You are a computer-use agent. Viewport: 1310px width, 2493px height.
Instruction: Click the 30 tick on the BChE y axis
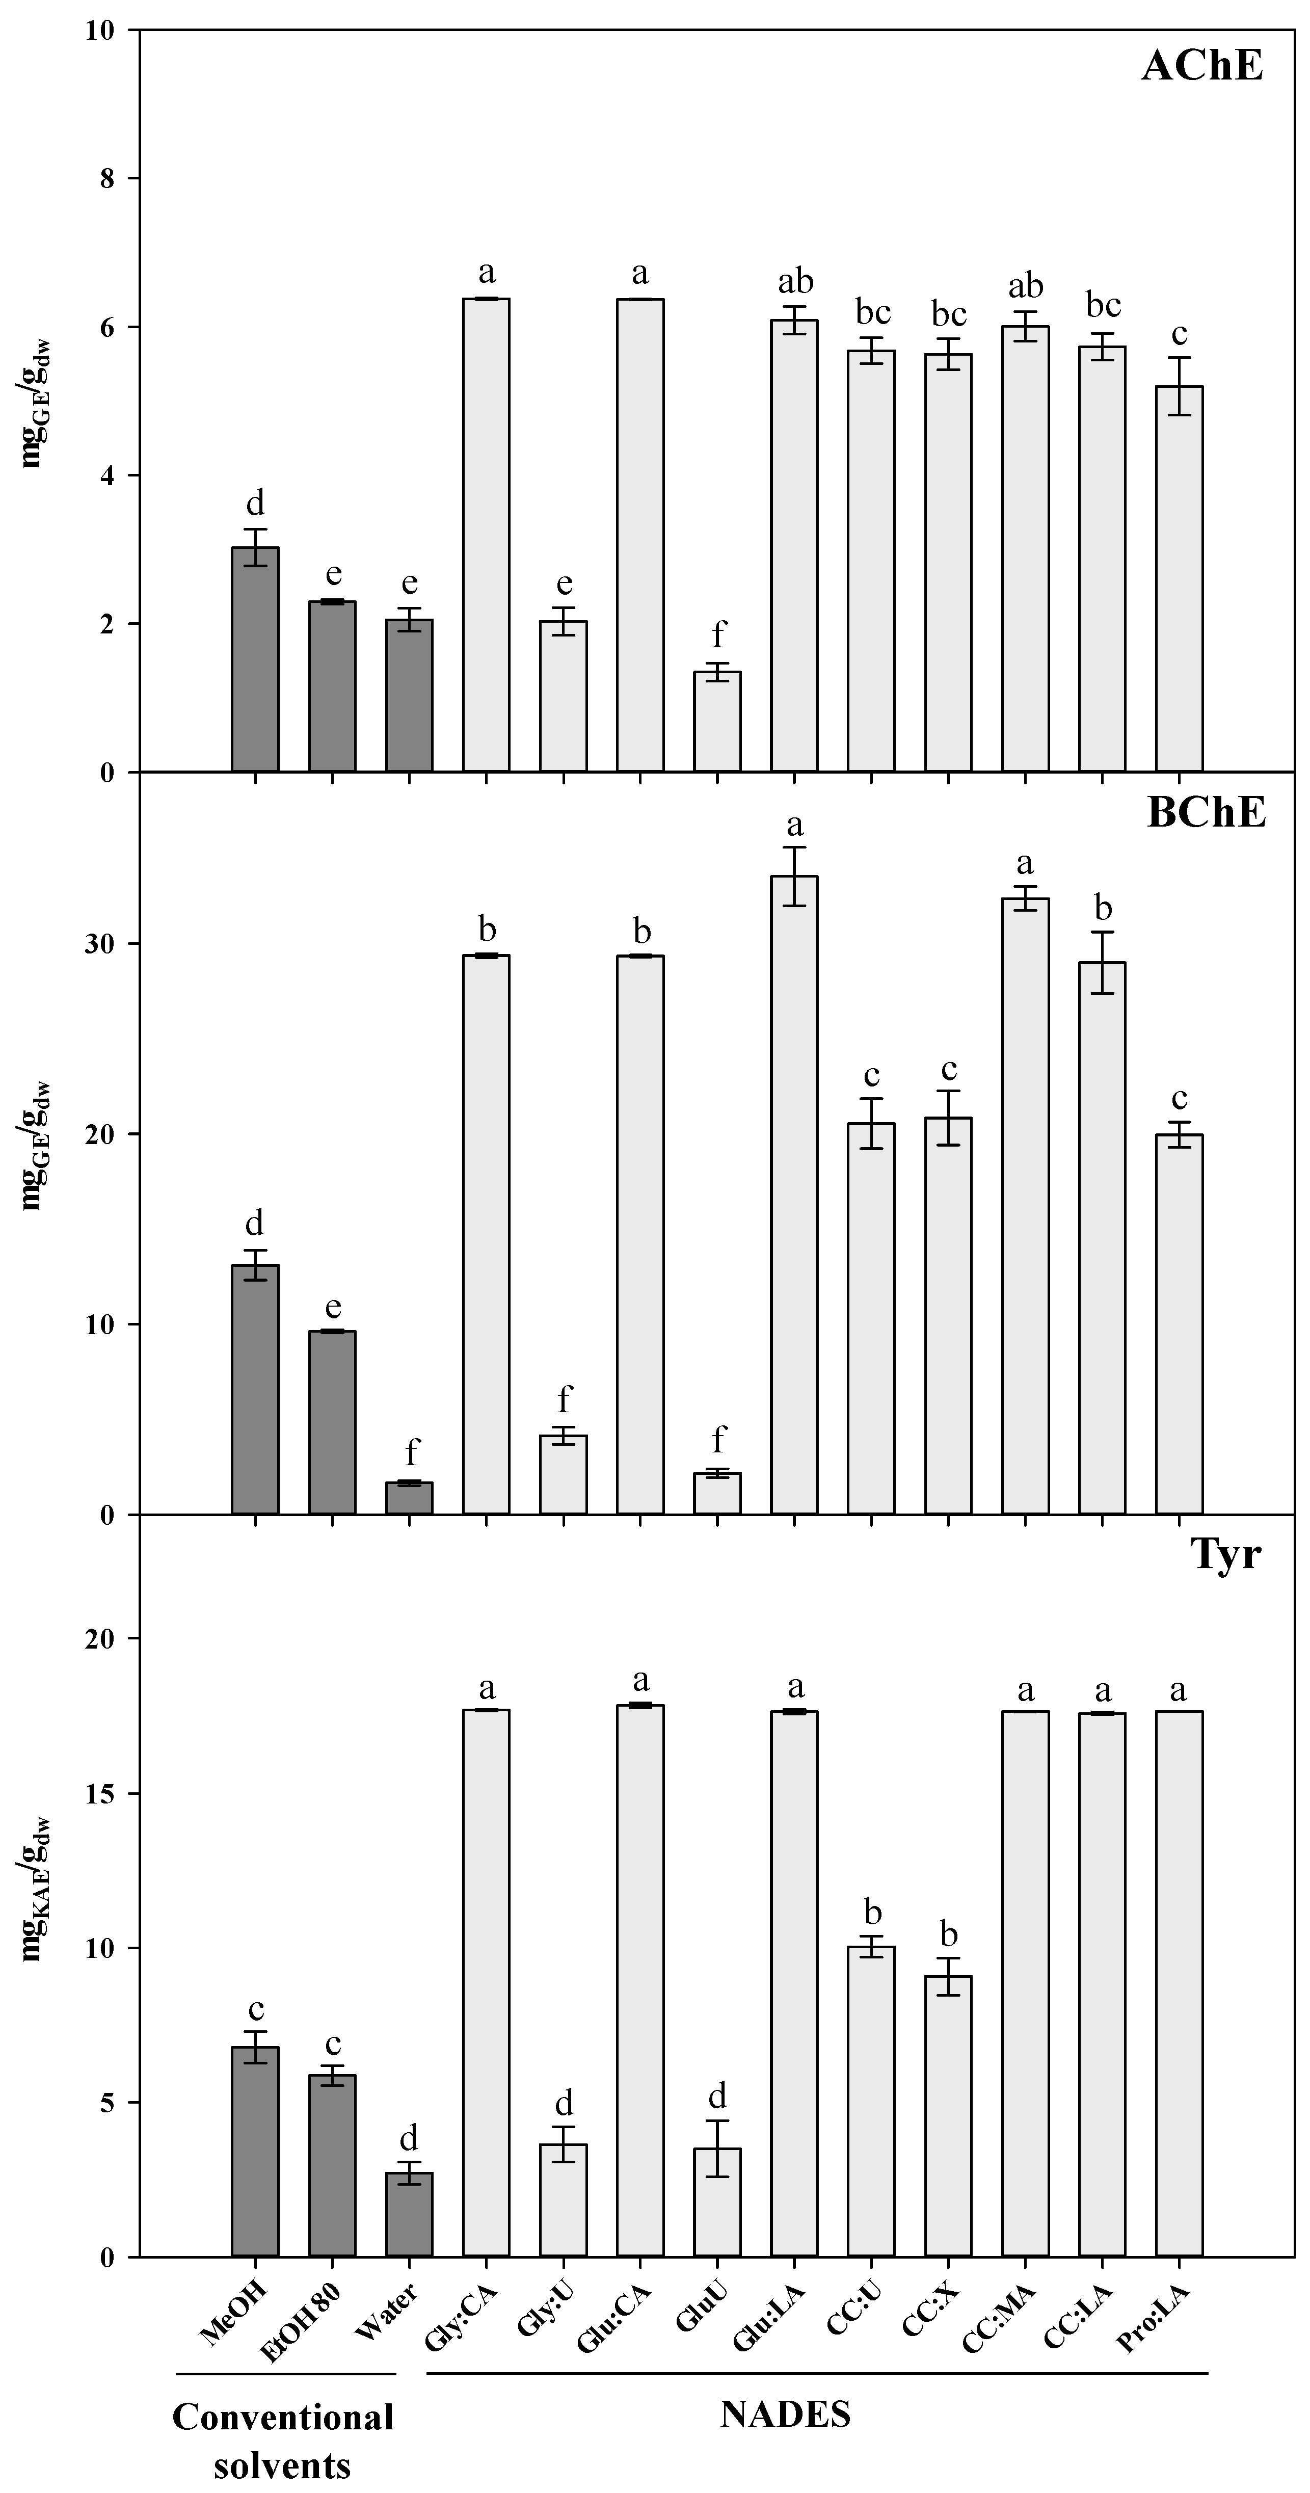[x=100, y=944]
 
